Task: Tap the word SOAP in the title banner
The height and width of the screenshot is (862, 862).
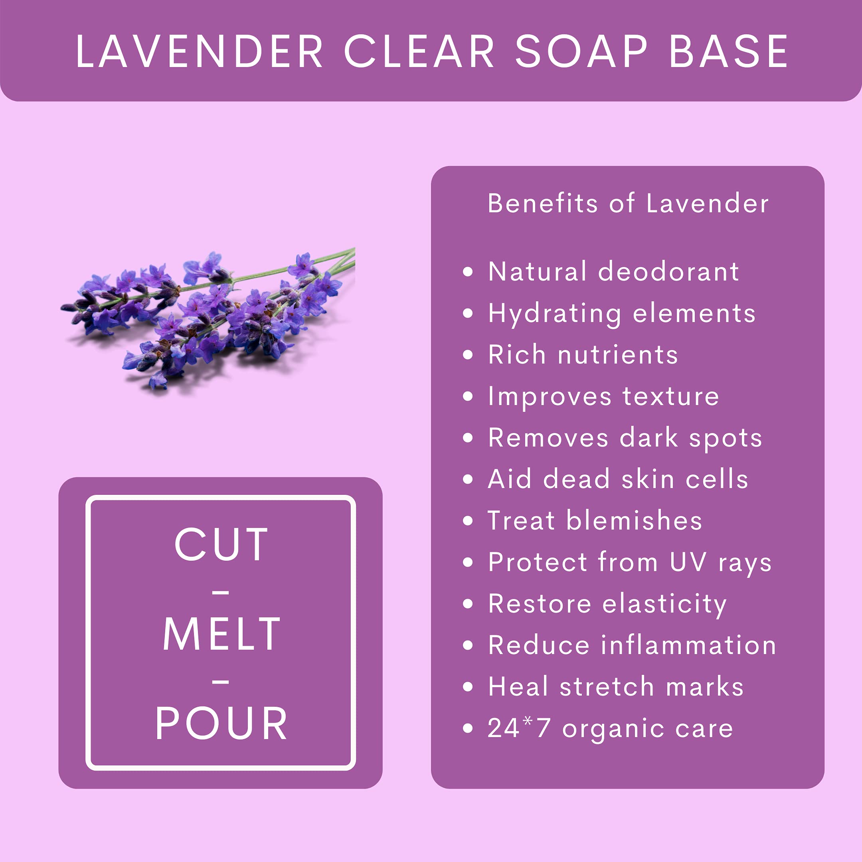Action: [x=581, y=52]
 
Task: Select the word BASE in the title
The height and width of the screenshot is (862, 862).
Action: [x=729, y=52]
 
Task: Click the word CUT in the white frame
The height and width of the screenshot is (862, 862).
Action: [x=221, y=544]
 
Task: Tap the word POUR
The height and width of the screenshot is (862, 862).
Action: [x=221, y=724]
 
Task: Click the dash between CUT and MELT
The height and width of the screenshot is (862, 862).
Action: [x=221, y=593]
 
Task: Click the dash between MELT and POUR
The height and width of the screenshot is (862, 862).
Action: [x=221, y=682]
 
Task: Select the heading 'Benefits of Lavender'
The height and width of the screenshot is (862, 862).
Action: [x=628, y=204]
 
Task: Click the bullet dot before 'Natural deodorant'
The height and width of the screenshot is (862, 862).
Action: [x=468, y=272]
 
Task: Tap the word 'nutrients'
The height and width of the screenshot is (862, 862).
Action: [x=618, y=355]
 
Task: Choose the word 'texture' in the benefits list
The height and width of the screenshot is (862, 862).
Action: [x=670, y=396]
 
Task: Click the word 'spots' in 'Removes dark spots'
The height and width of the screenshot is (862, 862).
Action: [x=726, y=439]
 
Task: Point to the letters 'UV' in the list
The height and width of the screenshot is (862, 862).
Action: [x=688, y=562]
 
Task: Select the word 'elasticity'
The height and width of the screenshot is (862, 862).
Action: [x=665, y=605]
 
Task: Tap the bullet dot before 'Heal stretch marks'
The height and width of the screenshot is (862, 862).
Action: [x=468, y=686]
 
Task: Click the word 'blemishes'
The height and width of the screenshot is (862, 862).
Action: [x=635, y=520]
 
